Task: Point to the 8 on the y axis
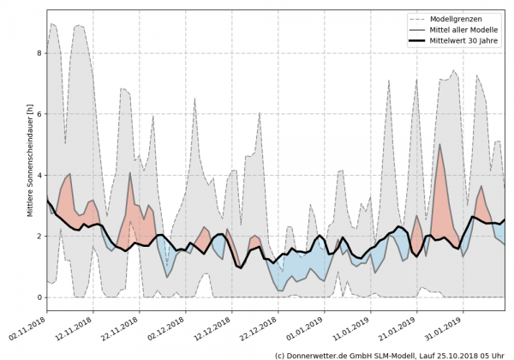38,53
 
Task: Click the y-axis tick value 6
38,114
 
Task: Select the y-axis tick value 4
38,175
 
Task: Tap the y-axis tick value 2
38,237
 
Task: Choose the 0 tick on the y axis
38,297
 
